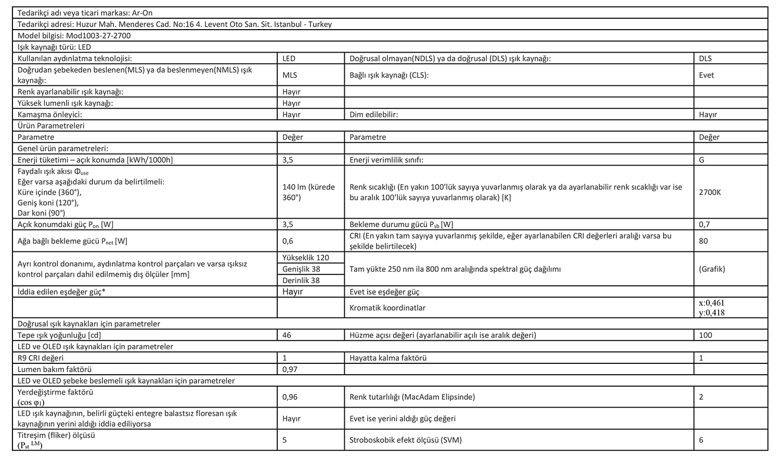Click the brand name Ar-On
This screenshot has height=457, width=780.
142,12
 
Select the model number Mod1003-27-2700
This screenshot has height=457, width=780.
99,35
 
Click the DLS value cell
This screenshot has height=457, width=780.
706,58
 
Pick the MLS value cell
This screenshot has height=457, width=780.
290,75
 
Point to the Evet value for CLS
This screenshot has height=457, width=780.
707,75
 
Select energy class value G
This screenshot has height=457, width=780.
702,160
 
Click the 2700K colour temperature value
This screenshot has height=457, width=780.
710,192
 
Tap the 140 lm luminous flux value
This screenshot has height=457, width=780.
308,192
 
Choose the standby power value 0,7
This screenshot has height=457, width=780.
705,224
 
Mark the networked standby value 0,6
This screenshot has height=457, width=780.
288,241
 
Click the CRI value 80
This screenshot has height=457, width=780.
704,241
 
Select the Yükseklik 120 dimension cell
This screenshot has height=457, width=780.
306,258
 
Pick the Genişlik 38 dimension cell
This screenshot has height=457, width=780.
301,269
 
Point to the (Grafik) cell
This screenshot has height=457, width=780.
712,269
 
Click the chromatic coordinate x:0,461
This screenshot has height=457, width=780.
711,303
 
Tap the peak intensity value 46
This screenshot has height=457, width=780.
287,335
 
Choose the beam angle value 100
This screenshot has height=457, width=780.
706,335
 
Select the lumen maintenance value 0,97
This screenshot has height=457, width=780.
290,370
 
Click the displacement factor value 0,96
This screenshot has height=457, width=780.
290,397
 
